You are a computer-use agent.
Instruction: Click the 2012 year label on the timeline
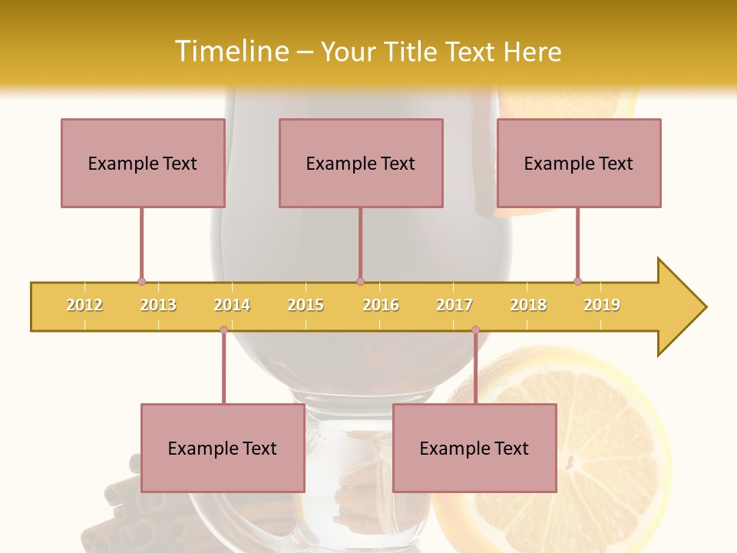coord(84,305)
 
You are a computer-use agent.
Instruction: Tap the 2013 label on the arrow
coord(158,305)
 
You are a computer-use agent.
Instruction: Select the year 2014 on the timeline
coord(232,305)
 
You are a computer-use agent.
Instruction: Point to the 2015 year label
coord(306,305)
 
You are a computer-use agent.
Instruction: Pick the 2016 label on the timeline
coord(381,305)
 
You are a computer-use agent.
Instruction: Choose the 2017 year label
coord(454,305)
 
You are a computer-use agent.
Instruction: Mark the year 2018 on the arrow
coord(528,305)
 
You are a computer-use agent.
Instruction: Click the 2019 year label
coord(602,305)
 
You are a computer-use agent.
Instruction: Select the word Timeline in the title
coord(230,51)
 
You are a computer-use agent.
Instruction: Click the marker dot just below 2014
coord(223,330)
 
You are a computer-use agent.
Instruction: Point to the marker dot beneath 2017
coord(475,330)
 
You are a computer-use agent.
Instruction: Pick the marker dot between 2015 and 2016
coord(360,281)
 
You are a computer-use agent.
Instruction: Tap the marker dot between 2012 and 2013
coord(141,281)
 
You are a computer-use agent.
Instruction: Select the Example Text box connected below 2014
coord(223,448)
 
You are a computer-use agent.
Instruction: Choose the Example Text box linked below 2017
coord(474,448)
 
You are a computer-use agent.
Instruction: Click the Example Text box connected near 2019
coord(579,163)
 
